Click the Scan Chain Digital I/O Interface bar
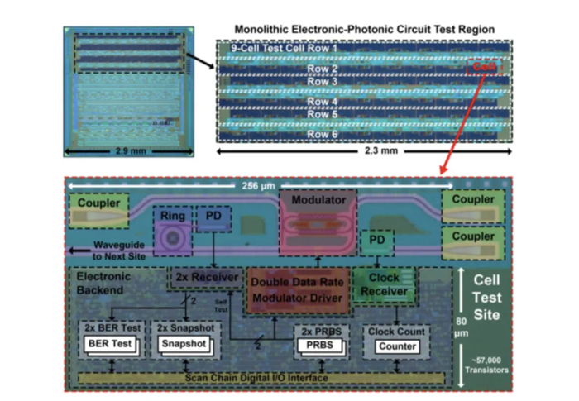point(259,378)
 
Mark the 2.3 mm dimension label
point(360,155)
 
